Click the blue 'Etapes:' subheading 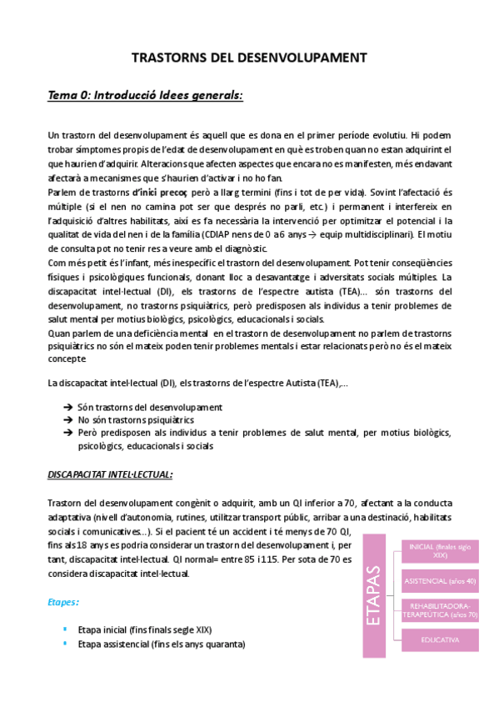(64, 600)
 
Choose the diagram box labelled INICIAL (441, 549)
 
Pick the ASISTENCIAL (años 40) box (441, 579)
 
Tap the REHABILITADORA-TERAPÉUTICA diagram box (441, 609)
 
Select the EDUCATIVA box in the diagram (441, 640)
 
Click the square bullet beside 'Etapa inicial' (65, 630)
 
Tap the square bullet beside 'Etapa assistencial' (65, 644)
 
